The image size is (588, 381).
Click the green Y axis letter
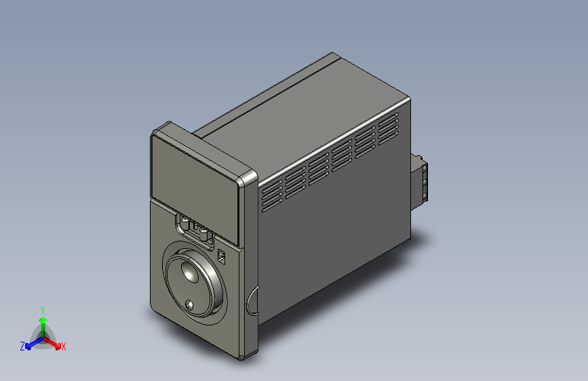pyautogui.click(x=42, y=309)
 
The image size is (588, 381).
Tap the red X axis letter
pyautogui.click(x=63, y=346)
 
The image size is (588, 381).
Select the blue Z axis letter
pyautogui.click(x=22, y=346)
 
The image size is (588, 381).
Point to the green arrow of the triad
pyautogui.click(x=42, y=321)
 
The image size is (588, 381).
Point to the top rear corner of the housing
pyautogui.click(x=332, y=54)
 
